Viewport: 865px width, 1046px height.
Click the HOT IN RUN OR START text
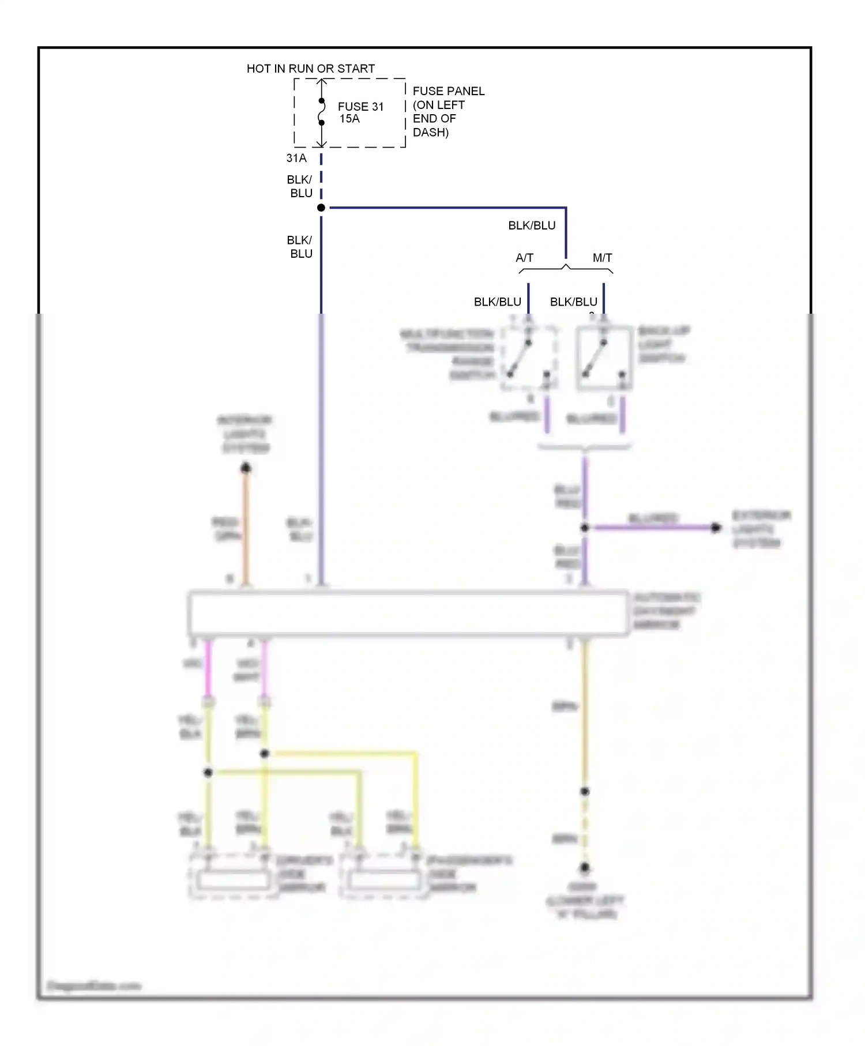point(310,69)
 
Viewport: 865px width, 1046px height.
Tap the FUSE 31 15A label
point(360,112)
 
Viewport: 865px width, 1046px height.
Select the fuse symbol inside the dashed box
point(322,112)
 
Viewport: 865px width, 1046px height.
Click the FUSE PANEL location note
point(447,111)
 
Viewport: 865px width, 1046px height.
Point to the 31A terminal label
point(296,158)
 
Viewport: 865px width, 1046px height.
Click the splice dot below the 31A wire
point(321,208)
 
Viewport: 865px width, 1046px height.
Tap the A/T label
point(524,258)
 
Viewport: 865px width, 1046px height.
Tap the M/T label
point(602,258)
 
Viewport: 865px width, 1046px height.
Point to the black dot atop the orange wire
point(246,468)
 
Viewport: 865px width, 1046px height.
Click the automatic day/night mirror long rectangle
point(408,614)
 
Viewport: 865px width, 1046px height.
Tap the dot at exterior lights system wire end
point(716,527)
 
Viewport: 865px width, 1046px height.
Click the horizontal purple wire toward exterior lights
point(652,527)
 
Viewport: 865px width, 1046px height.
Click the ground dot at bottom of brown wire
point(585,867)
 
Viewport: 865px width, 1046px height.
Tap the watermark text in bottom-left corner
point(93,985)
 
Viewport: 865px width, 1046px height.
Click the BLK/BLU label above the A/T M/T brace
point(531,225)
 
